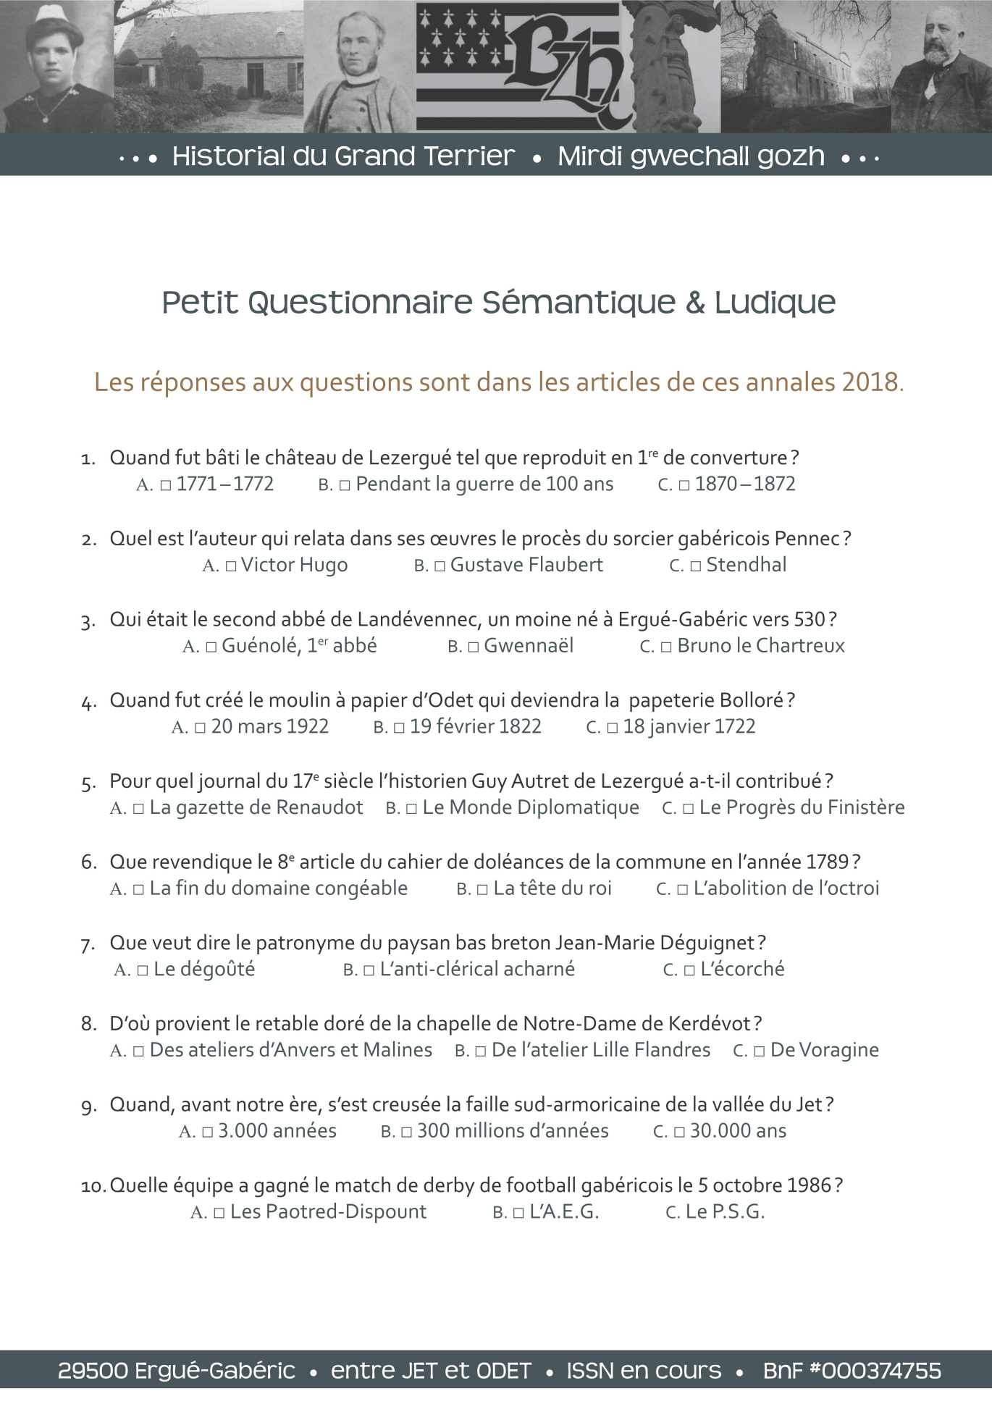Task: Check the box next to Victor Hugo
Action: point(231,566)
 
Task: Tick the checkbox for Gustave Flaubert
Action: point(440,566)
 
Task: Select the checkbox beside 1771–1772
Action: point(166,485)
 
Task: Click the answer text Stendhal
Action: point(746,565)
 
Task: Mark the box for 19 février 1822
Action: point(399,728)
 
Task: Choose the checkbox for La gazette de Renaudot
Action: point(139,809)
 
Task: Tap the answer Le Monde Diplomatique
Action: point(530,807)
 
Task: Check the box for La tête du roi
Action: point(482,889)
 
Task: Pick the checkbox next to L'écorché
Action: point(689,970)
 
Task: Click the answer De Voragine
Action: point(824,1050)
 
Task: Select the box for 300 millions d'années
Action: point(407,1132)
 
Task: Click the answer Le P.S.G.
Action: point(725,1212)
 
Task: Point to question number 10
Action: point(93,1186)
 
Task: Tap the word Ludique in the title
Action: point(775,303)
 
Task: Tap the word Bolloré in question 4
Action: point(752,701)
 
